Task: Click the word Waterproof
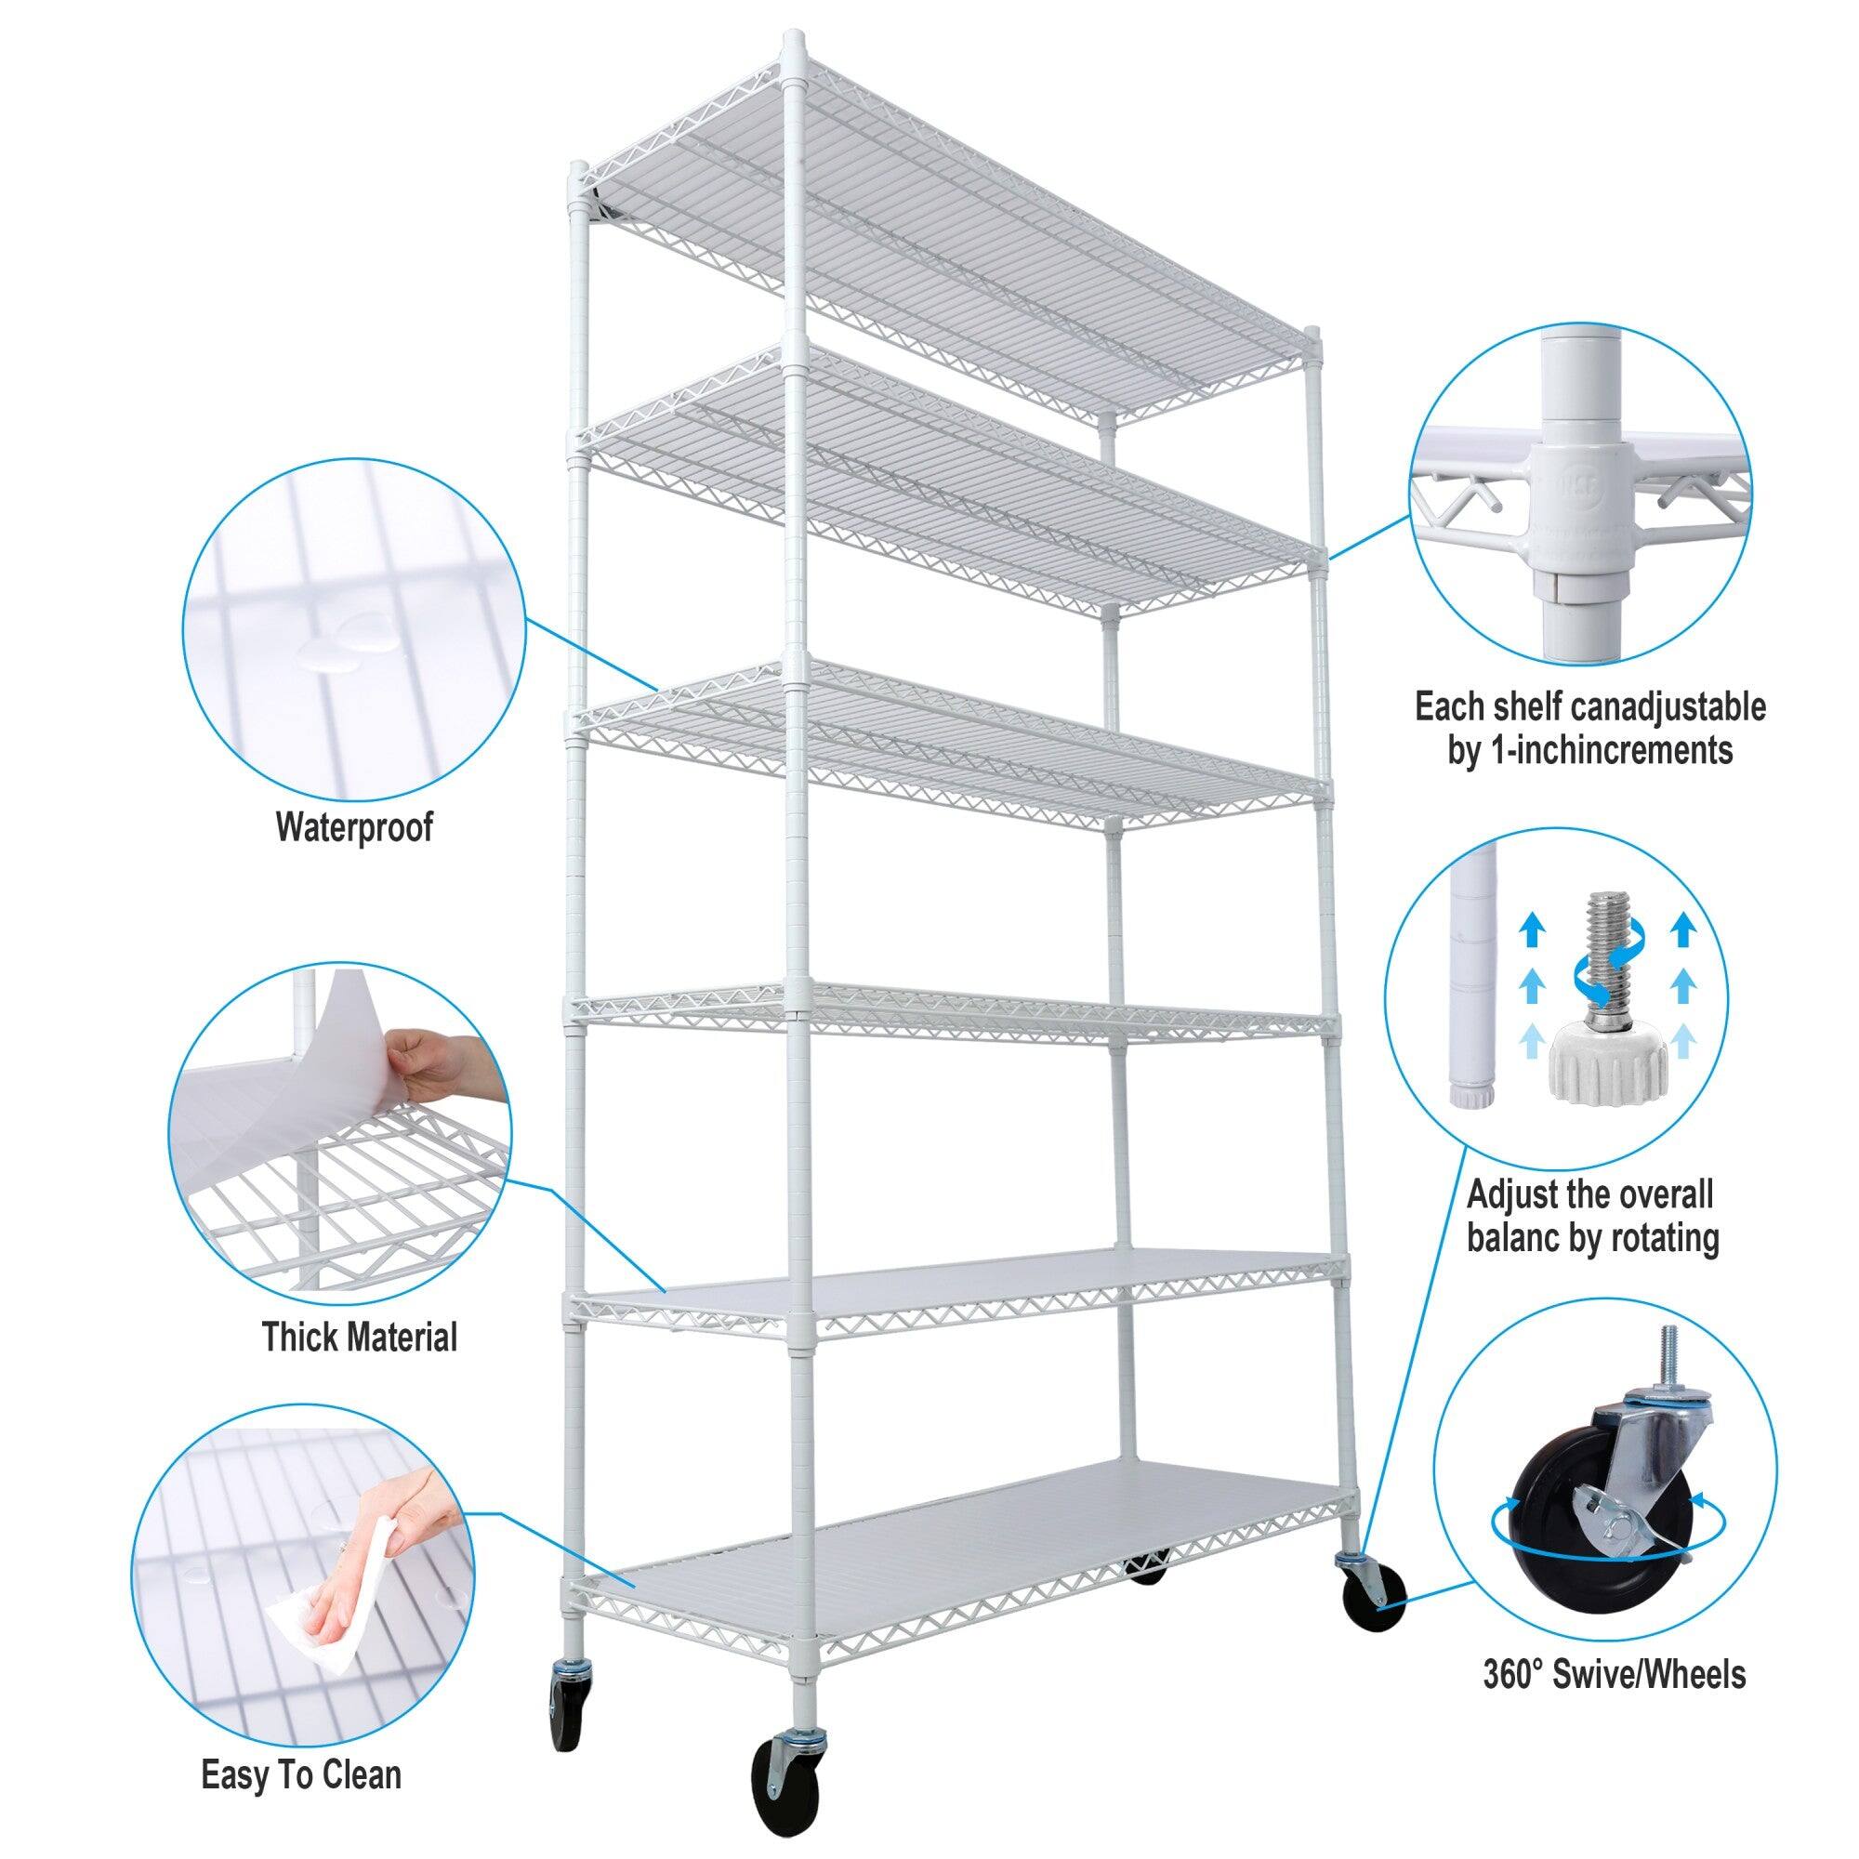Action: click(x=354, y=826)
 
